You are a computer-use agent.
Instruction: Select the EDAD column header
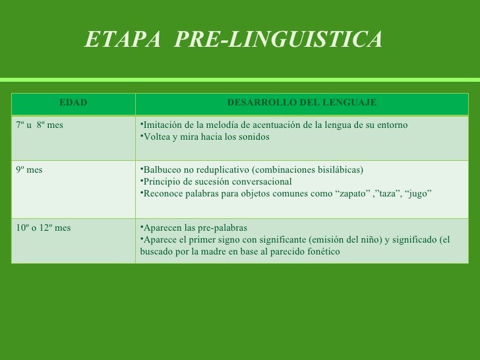coord(73,103)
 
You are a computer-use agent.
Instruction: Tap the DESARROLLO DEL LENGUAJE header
coord(301,103)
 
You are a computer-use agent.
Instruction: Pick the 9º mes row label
coord(29,169)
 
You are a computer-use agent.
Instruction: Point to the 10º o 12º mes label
coord(43,227)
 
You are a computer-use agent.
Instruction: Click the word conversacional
coord(263,181)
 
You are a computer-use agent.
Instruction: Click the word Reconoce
coord(164,193)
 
